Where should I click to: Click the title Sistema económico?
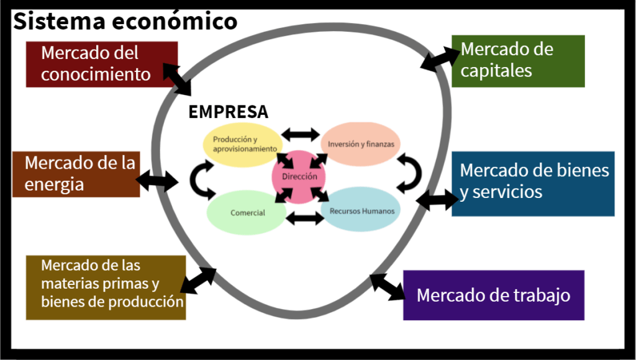pos(125,22)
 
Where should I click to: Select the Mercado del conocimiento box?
pos(102,64)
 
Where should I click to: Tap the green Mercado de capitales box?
pos(518,61)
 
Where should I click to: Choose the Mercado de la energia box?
pos(76,174)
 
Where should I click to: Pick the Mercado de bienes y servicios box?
pos(533,184)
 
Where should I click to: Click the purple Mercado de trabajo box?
pos(494,295)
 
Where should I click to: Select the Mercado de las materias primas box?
pos(106,287)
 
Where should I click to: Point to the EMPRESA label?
pos(229,112)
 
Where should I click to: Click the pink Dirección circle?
pos(299,177)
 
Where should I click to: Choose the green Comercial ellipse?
pos(248,213)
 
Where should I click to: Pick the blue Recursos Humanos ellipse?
pos(362,210)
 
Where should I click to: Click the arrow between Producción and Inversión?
pos(300,134)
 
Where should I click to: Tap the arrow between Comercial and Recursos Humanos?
pos(306,218)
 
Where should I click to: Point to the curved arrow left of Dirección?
pos(200,178)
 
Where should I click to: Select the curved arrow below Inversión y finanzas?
pos(409,173)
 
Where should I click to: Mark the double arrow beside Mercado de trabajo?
pos(386,287)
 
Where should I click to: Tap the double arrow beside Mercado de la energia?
pos(157,182)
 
